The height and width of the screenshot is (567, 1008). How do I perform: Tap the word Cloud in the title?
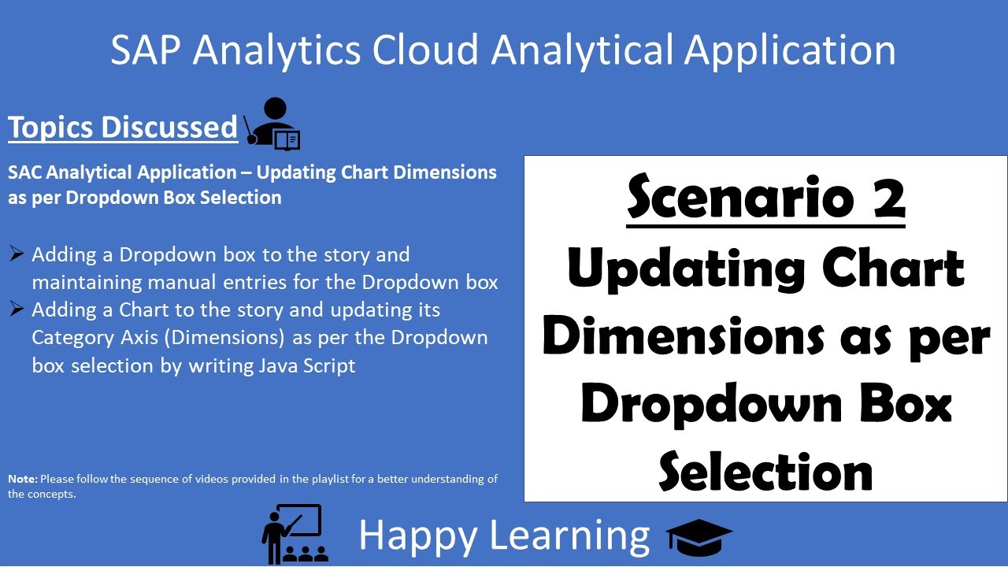pyautogui.click(x=424, y=50)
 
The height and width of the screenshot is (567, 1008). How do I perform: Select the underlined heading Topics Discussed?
pyautogui.click(x=123, y=128)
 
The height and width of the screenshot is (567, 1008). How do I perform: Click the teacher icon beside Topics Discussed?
pyautogui.click(x=272, y=124)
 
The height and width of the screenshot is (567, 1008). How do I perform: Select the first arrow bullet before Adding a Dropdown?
pyautogui.click(x=17, y=254)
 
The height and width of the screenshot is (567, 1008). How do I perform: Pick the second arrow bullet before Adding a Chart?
pyautogui.click(x=17, y=309)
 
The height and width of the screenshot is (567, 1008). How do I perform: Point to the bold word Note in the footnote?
pyautogui.click(x=22, y=479)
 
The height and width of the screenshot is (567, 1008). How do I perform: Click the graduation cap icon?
pyautogui.click(x=699, y=536)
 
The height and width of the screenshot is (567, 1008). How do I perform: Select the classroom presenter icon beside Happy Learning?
pyautogui.click(x=294, y=533)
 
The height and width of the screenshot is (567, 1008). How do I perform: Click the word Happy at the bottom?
pyautogui.click(x=417, y=535)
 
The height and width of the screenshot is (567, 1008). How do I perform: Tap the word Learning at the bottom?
pyautogui.click(x=570, y=535)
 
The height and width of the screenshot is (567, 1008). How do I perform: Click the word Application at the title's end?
pyautogui.click(x=790, y=50)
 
